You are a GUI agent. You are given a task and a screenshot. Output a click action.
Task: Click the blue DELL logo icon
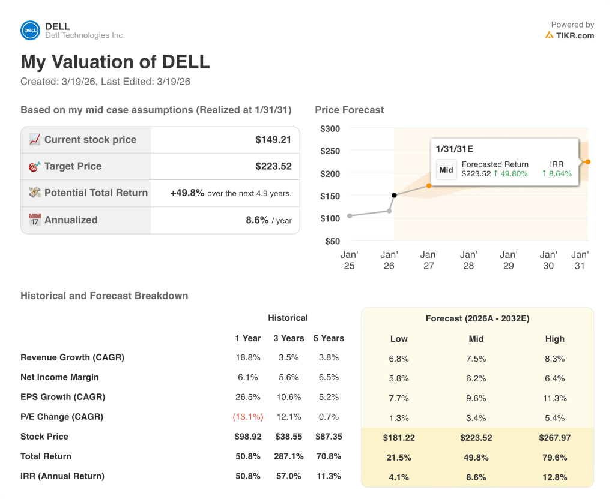[x=31, y=31]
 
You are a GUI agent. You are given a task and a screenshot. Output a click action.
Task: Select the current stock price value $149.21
[x=273, y=140]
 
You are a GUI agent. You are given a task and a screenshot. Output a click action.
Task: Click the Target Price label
[x=73, y=166]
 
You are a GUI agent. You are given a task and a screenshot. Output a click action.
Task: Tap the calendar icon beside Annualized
[x=35, y=220]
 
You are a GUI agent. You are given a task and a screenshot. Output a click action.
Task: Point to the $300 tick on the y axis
[x=330, y=128]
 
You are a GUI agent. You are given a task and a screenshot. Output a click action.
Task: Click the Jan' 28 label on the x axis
[x=468, y=260]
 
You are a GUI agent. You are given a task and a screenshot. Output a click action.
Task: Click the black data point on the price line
[x=394, y=195]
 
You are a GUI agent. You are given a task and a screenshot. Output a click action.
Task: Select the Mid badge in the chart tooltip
[x=446, y=170]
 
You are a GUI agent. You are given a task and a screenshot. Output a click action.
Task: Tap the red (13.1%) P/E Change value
[x=248, y=417]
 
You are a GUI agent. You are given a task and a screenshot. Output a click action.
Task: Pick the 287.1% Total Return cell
[x=288, y=456]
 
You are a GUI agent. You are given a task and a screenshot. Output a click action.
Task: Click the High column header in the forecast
[x=554, y=339]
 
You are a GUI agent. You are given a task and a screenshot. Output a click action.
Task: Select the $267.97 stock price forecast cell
[x=554, y=438]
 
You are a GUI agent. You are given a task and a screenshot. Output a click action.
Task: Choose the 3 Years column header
[x=288, y=338]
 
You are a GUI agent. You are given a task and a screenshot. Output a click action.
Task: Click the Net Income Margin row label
[x=59, y=377]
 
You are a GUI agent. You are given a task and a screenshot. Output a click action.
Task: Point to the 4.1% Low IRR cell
[x=399, y=477]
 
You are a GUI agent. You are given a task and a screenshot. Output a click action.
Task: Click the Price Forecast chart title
[x=349, y=110]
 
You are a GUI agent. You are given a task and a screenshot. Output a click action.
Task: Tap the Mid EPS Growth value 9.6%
[x=476, y=398]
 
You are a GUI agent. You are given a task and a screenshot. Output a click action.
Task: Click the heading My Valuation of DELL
[x=115, y=62]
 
